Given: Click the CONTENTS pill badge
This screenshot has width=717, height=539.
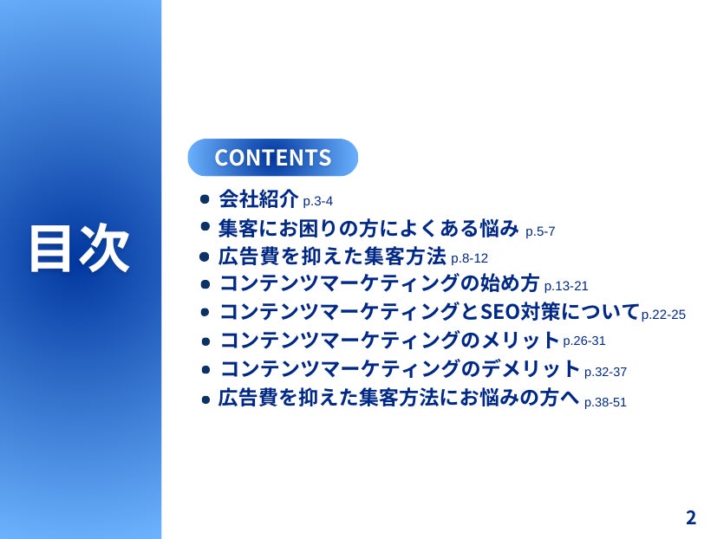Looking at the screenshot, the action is tap(272, 157).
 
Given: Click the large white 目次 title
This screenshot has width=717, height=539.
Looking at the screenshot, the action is tap(80, 248).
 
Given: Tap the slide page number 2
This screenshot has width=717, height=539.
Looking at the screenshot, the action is tap(690, 517).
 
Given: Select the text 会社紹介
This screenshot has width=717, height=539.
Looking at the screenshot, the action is tap(258, 198).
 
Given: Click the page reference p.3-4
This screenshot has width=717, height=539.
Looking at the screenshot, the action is tap(318, 201).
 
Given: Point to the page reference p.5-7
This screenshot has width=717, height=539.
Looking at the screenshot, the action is tap(540, 231).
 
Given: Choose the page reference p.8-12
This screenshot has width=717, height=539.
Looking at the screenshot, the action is tap(469, 258).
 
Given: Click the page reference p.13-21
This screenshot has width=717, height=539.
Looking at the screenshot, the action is tap(566, 286).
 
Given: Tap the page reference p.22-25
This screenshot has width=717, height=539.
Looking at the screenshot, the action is tap(663, 315).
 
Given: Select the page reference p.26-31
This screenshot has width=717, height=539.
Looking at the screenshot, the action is tap(584, 341).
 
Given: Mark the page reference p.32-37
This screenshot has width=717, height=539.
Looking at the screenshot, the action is tap(605, 372).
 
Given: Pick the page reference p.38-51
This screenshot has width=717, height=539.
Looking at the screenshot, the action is tap(605, 402).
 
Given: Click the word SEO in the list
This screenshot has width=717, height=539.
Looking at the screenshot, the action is tap(500, 312).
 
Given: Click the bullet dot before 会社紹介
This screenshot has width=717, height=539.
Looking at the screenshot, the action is tap(205, 199).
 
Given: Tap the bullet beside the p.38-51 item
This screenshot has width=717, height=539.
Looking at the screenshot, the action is tap(205, 400).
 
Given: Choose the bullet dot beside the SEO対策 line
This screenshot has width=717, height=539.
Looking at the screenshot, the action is tap(205, 312).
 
